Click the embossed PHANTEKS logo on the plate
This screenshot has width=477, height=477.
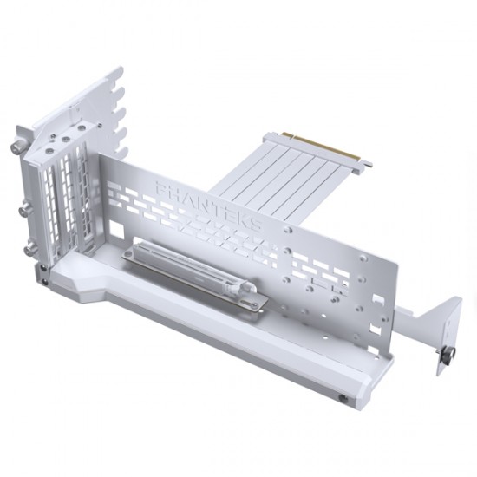pos(208,205)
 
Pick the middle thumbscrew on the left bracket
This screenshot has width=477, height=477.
pos(25,209)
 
